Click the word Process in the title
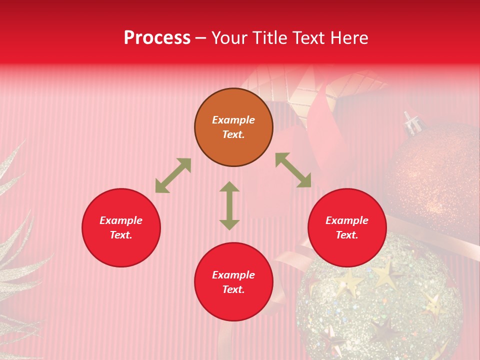click(157, 38)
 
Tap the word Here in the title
click(346, 38)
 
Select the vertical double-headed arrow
click(229, 205)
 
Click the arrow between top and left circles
click(173, 175)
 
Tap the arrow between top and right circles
click(293, 170)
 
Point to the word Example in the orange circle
click(233, 120)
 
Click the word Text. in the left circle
click(121, 235)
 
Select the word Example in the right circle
click(347, 220)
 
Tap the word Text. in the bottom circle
click(233, 289)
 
